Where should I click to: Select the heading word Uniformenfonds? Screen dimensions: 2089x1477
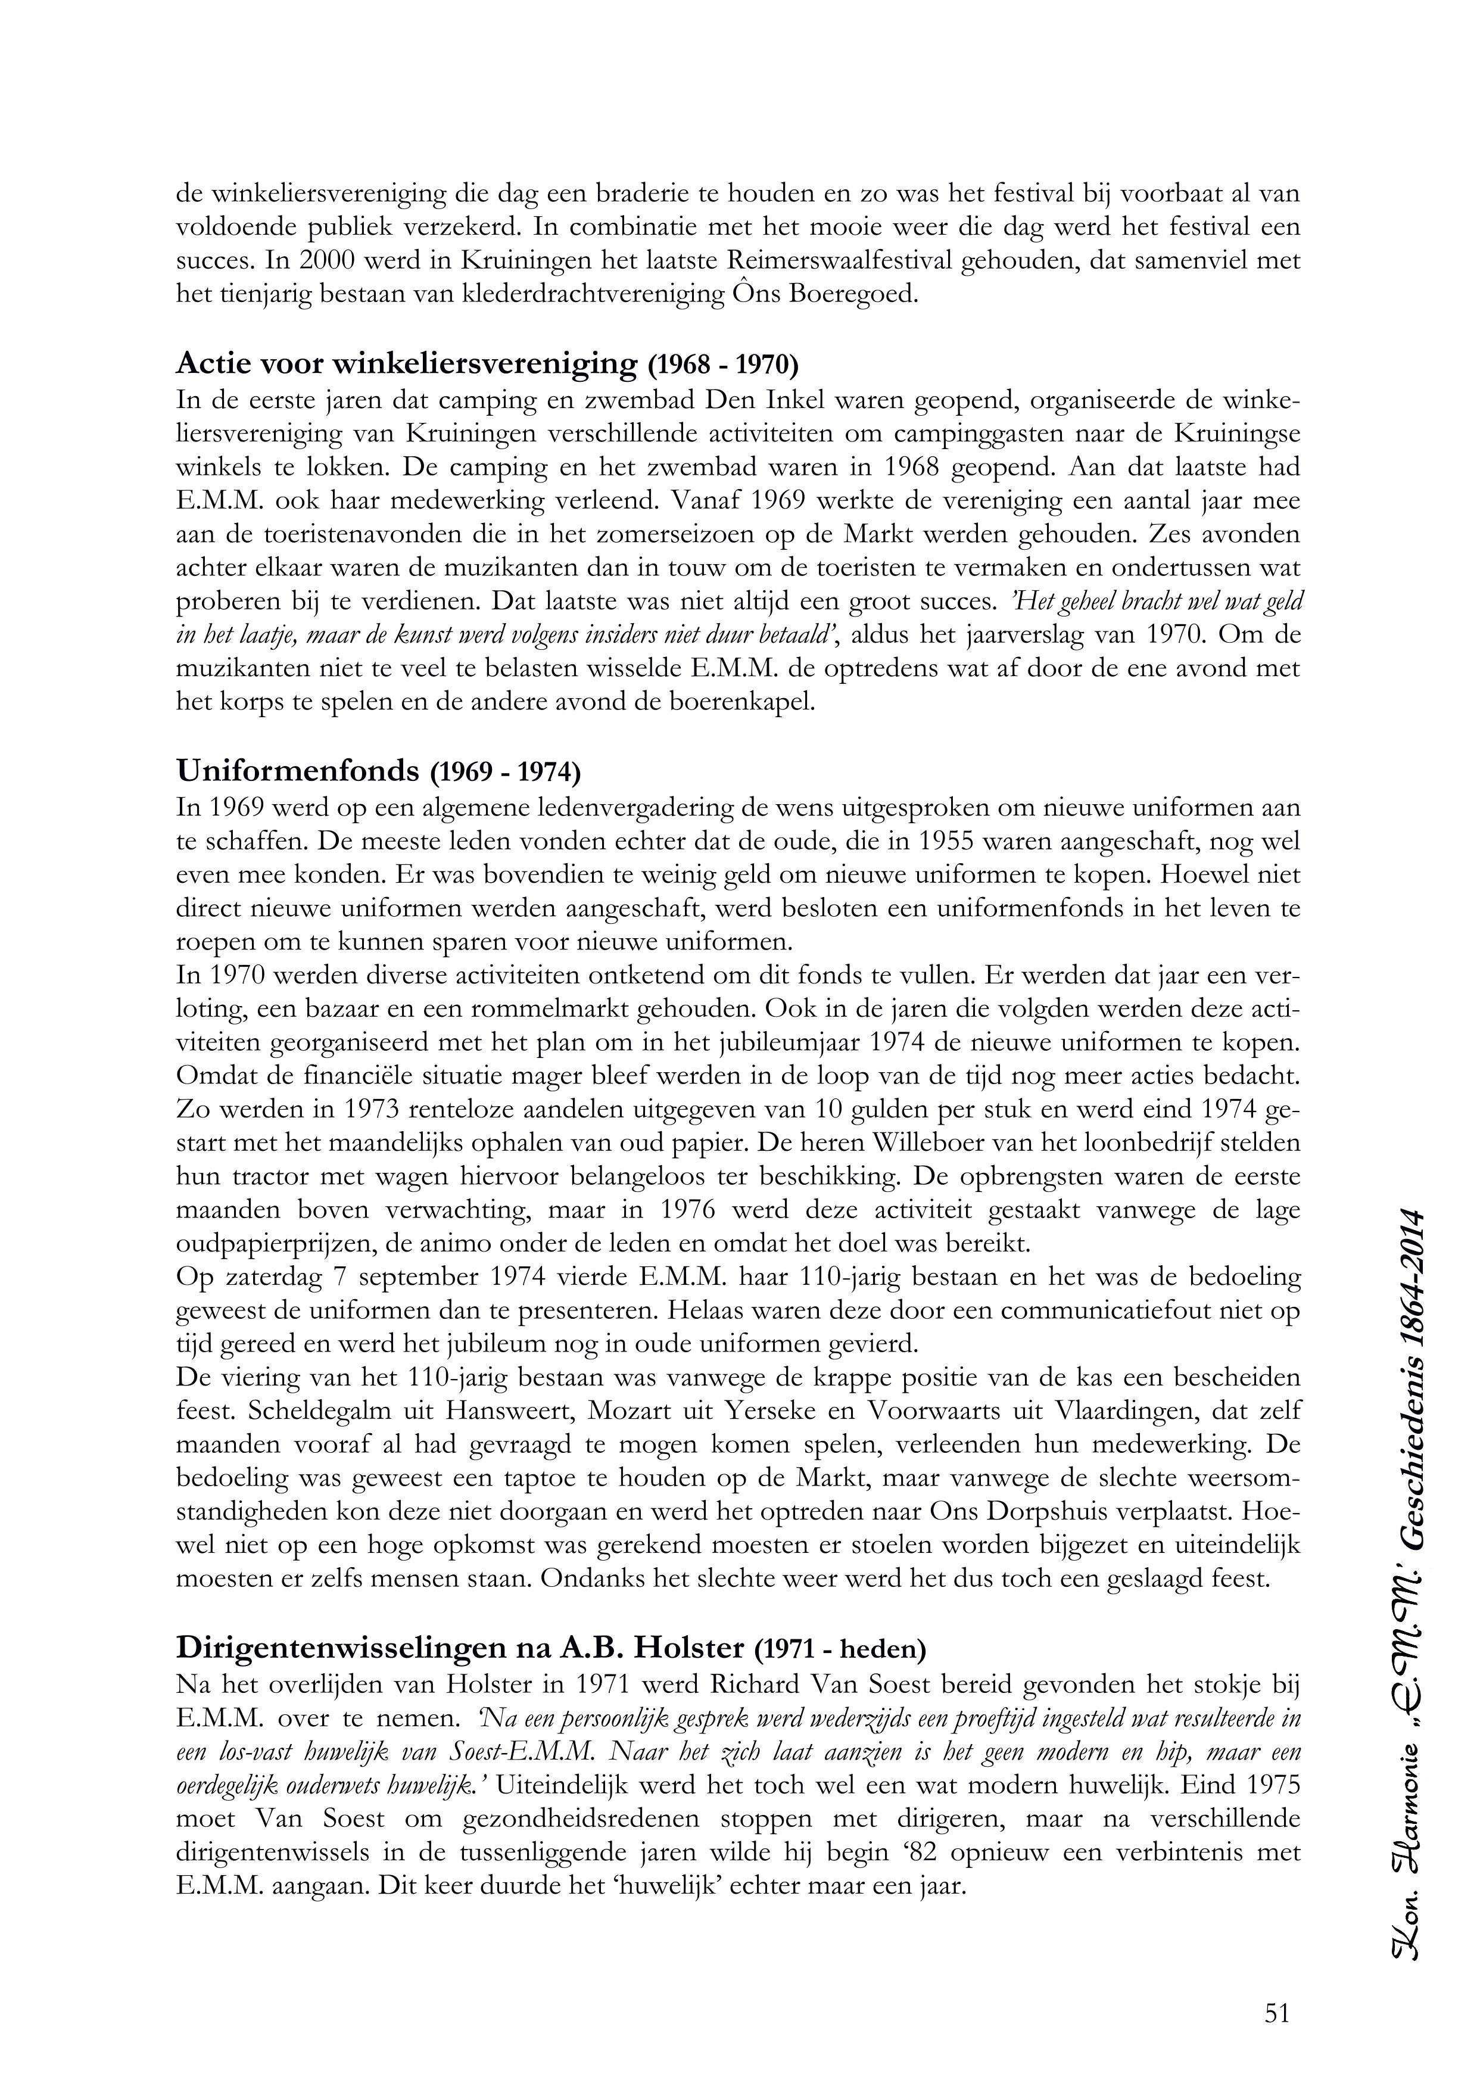point(297,771)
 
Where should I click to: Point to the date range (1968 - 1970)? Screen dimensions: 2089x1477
point(723,365)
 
